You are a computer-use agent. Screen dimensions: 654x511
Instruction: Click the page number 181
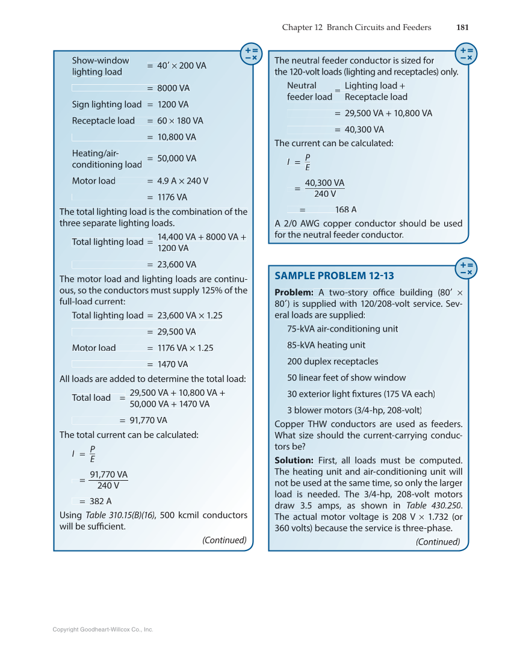tap(462, 27)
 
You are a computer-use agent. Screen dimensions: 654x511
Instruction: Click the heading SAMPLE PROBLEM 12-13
tap(334, 276)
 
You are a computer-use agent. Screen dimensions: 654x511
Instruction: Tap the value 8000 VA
tap(173, 88)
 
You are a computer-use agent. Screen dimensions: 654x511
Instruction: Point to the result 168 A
tap(345, 209)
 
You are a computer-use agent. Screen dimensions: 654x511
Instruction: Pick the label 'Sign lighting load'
tap(107, 104)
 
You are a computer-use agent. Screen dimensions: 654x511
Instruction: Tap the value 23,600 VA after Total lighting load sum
tap(176, 264)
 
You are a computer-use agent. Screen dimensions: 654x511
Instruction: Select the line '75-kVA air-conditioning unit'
tap(342, 329)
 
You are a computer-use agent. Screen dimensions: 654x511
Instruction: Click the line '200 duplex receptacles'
tap(333, 362)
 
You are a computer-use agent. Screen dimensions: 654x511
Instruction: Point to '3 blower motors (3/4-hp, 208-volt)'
tap(355, 410)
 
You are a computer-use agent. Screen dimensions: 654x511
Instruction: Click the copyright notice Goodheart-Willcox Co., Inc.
tap(103, 629)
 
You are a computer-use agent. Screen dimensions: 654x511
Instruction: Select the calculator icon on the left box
tap(251, 54)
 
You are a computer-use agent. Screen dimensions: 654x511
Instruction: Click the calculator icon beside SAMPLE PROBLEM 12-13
tap(466, 268)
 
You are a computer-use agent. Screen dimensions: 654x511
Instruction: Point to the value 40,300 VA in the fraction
tap(324, 183)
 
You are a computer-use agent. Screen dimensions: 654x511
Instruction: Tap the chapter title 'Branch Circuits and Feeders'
tap(379, 27)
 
